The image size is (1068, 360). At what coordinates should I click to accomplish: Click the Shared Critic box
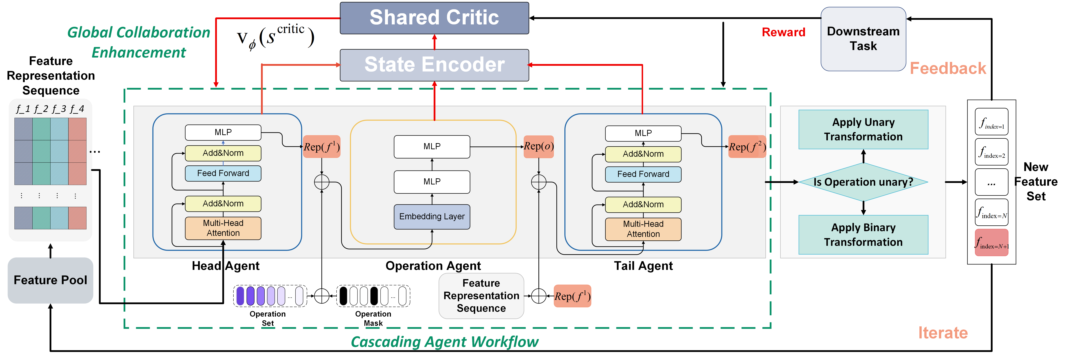click(434, 18)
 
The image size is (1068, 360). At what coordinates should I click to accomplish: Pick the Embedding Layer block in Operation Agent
click(432, 217)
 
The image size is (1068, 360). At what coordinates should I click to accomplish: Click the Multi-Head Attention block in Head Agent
click(223, 228)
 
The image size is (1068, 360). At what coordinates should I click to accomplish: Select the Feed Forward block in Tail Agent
click(643, 174)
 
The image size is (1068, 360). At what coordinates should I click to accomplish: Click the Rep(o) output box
click(539, 146)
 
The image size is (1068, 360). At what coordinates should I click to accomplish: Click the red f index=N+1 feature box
click(991, 243)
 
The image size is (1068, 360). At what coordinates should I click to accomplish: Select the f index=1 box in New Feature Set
click(991, 122)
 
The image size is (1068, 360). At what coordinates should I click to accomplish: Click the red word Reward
click(783, 32)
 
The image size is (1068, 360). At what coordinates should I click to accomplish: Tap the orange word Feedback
click(948, 69)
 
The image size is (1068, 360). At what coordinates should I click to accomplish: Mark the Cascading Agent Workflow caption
click(444, 342)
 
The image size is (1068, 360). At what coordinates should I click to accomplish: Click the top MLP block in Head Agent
click(223, 132)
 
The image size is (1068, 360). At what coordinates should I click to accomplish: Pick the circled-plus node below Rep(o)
click(539, 182)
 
